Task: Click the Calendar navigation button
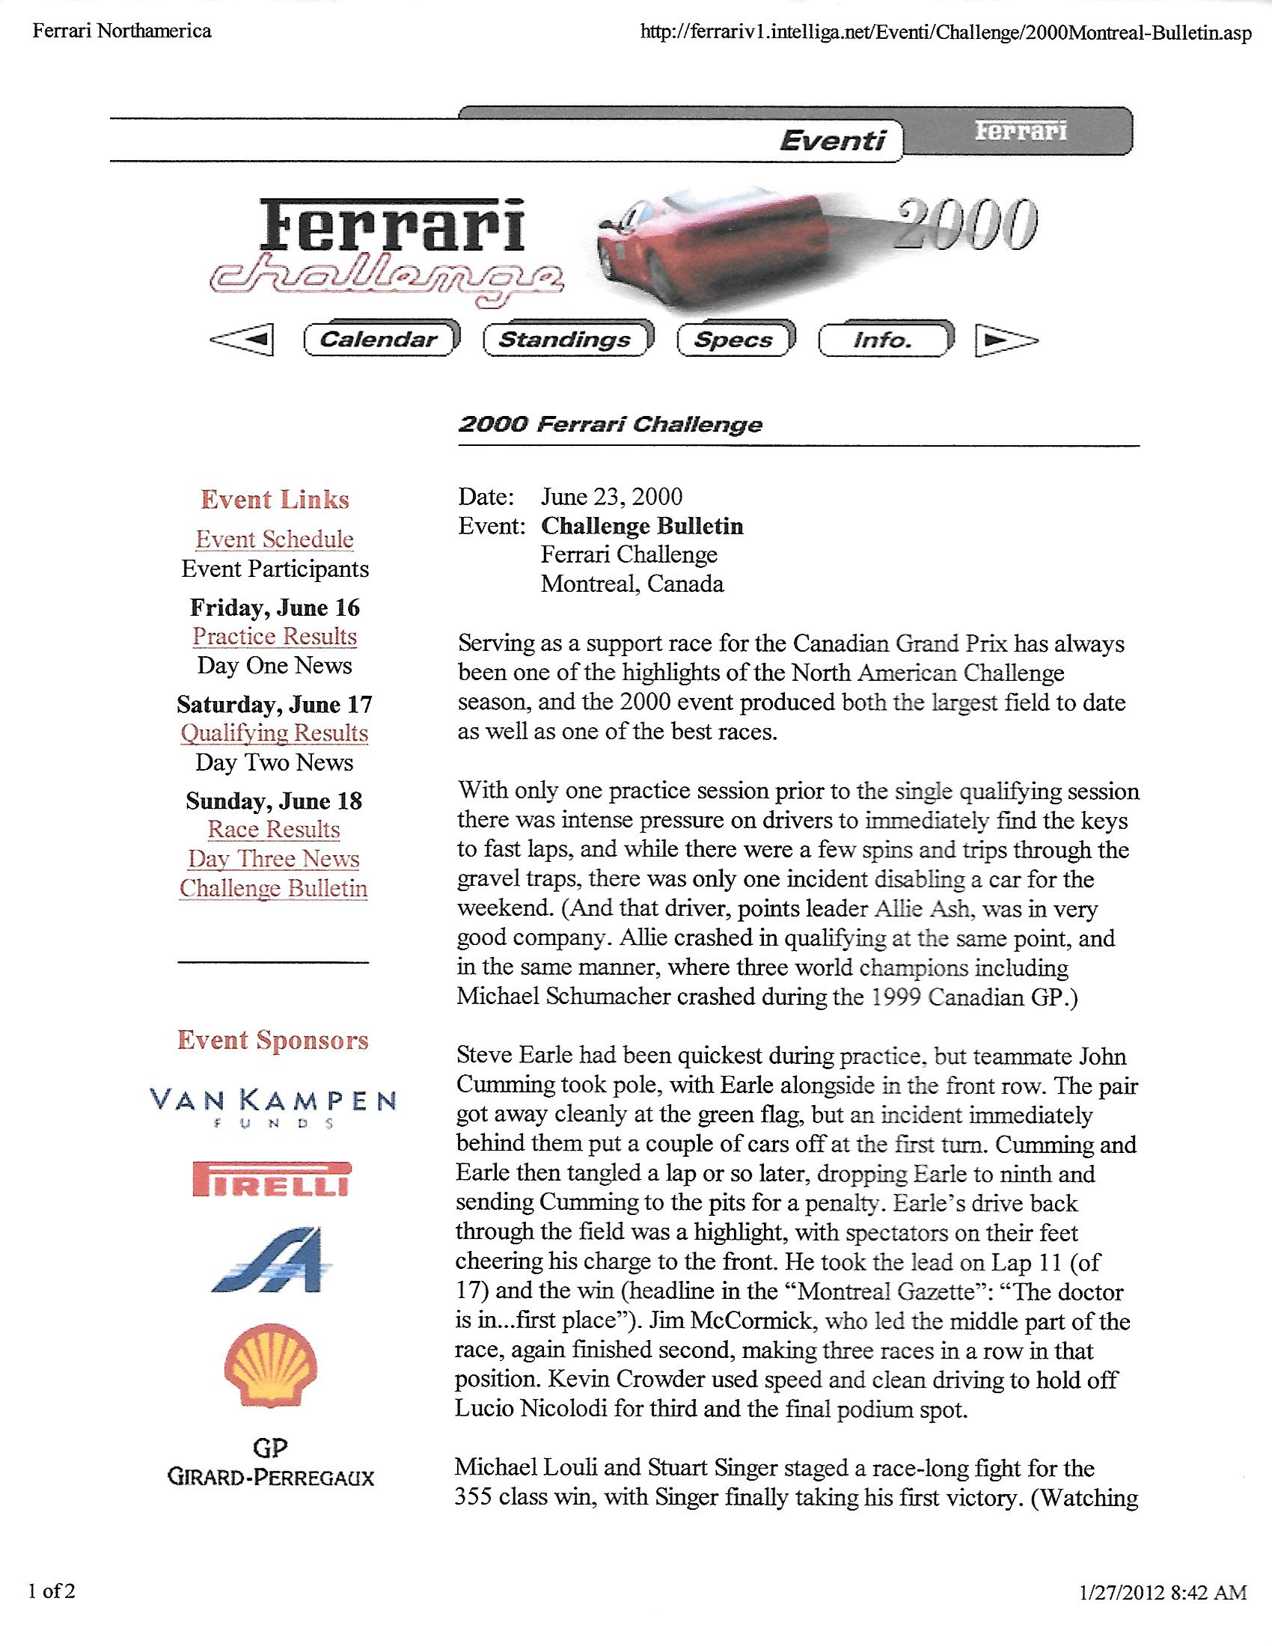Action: pos(379,339)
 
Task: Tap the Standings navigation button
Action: pos(566,339)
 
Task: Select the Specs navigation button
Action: pos(734,339)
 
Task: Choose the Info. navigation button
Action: pos(883,339)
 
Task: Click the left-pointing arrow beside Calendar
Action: pos(242,340)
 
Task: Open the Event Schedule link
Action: pos(275,539)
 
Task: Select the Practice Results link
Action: pos(275,636)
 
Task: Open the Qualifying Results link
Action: pos(275,732)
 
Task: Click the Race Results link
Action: pos(275,829)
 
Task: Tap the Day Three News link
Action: pos(275,858)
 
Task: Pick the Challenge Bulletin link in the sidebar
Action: pos(274,888)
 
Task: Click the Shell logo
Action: pos(272,1364)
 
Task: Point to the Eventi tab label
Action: pos(832,140)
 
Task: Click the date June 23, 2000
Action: pos(611,497)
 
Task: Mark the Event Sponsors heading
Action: pos(273,1040)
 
